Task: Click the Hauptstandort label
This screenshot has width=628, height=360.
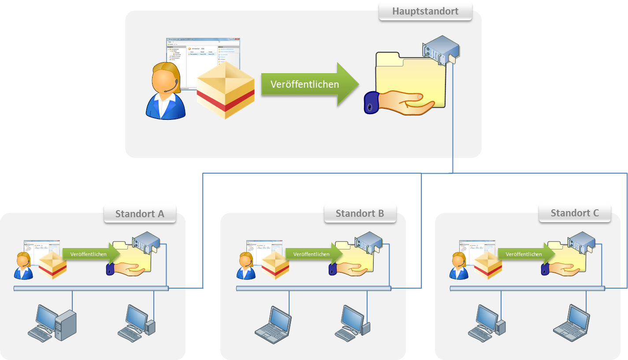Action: coord(425,11)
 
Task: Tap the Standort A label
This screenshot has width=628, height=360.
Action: coord(140,214)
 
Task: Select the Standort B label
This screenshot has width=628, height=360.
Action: coord(360,214)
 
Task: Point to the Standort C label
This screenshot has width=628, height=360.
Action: coord(575,213)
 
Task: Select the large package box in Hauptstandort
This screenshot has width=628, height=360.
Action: coord(226,90)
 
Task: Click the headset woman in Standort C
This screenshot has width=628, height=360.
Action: coord(459,266)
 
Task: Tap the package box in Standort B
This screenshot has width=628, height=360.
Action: coord(275,266)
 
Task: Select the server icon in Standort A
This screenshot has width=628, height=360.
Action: coord(146,241)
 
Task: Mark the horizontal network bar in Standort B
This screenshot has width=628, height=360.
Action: coord(313,289)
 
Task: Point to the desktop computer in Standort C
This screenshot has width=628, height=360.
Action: coord(487,323)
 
